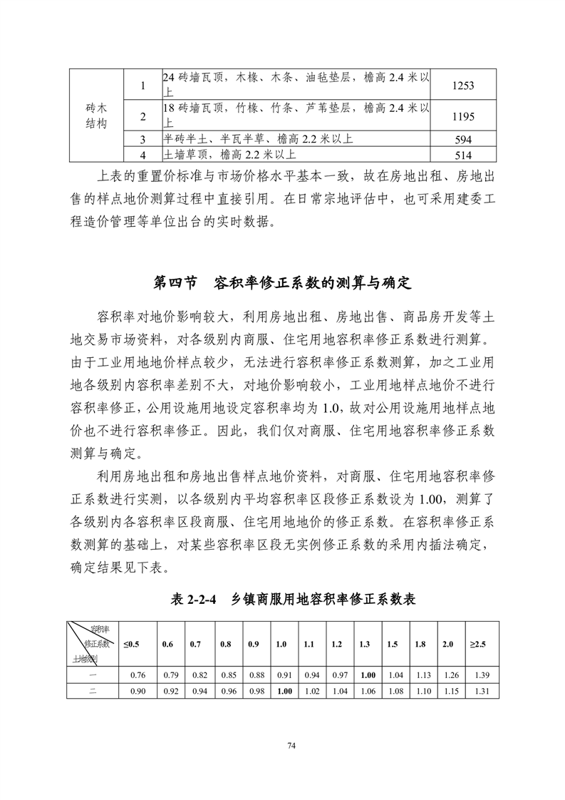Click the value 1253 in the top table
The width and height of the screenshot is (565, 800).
coord(463,86)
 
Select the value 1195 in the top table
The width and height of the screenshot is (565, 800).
coord(463,116)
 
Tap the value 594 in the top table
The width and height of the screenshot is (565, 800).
coord(463,139)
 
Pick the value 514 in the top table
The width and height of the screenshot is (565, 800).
coord(463,154)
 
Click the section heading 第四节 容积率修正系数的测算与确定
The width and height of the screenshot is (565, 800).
coord(283,282)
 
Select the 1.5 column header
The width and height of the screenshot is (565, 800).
coord(393,644)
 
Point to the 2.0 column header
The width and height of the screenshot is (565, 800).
coord(447,644)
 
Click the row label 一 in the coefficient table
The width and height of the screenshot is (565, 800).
coord(93,675)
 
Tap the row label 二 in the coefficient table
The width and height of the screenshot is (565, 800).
coord(93,690)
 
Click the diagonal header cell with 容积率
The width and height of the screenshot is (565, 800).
coord(93,644)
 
